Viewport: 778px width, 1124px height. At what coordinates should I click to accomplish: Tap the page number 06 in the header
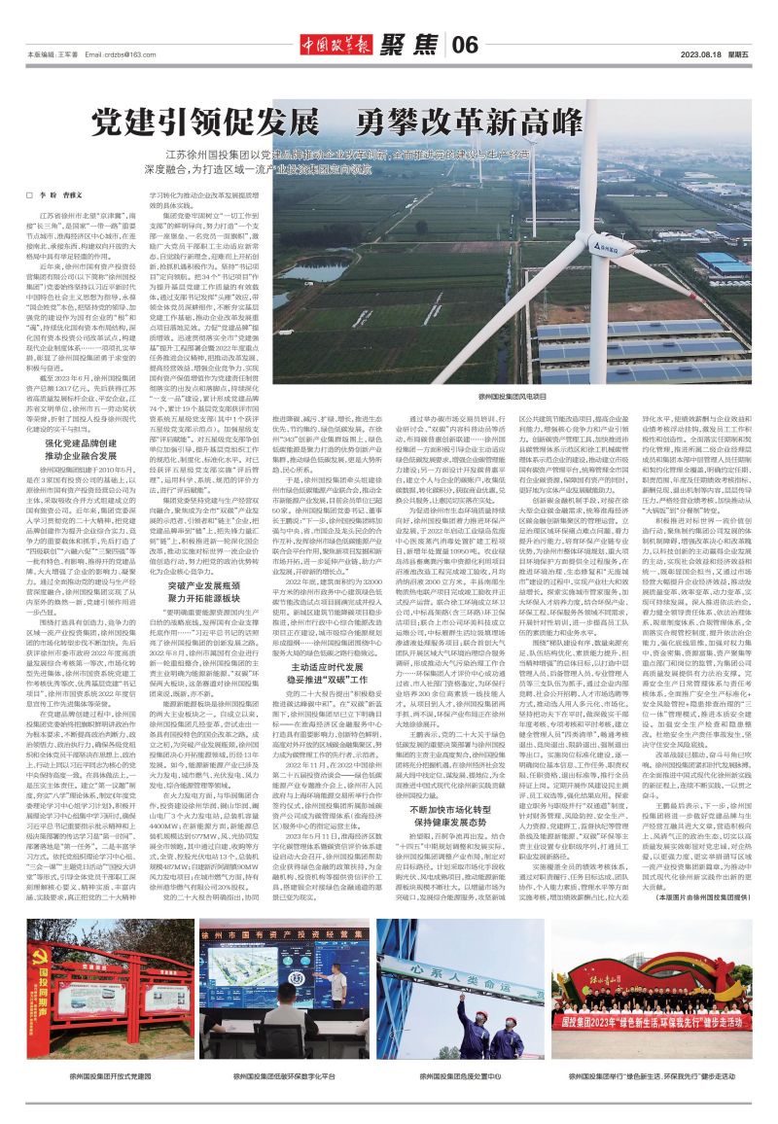coord(466,43)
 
